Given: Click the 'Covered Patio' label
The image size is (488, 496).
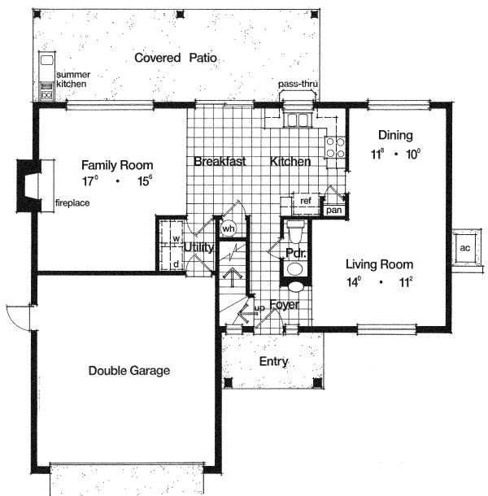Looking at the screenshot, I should (178, 58).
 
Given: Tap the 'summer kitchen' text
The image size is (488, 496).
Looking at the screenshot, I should (72, 79).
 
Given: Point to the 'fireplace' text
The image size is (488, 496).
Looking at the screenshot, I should (72, 202).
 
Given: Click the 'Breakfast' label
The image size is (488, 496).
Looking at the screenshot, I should (220, 161).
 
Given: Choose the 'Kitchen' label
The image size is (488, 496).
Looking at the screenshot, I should (290, 161).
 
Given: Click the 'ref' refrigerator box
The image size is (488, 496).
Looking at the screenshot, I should (306, 200).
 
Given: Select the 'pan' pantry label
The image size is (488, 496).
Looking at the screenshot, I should (334, 211).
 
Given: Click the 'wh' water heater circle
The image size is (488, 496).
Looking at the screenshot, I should (229, 228).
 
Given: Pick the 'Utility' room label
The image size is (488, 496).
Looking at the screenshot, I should (198, 247).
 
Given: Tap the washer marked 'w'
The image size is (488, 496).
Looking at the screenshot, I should (175, 239).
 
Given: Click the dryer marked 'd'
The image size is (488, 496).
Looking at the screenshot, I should (176, 263).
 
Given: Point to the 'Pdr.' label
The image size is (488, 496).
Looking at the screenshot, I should (294, 253).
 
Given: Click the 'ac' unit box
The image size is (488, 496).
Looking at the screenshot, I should (465, 247).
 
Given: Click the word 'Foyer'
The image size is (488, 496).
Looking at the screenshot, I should (285, 305).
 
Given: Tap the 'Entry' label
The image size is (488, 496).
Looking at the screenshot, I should (272, 361).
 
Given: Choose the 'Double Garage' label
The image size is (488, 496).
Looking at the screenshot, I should (129, 371).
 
